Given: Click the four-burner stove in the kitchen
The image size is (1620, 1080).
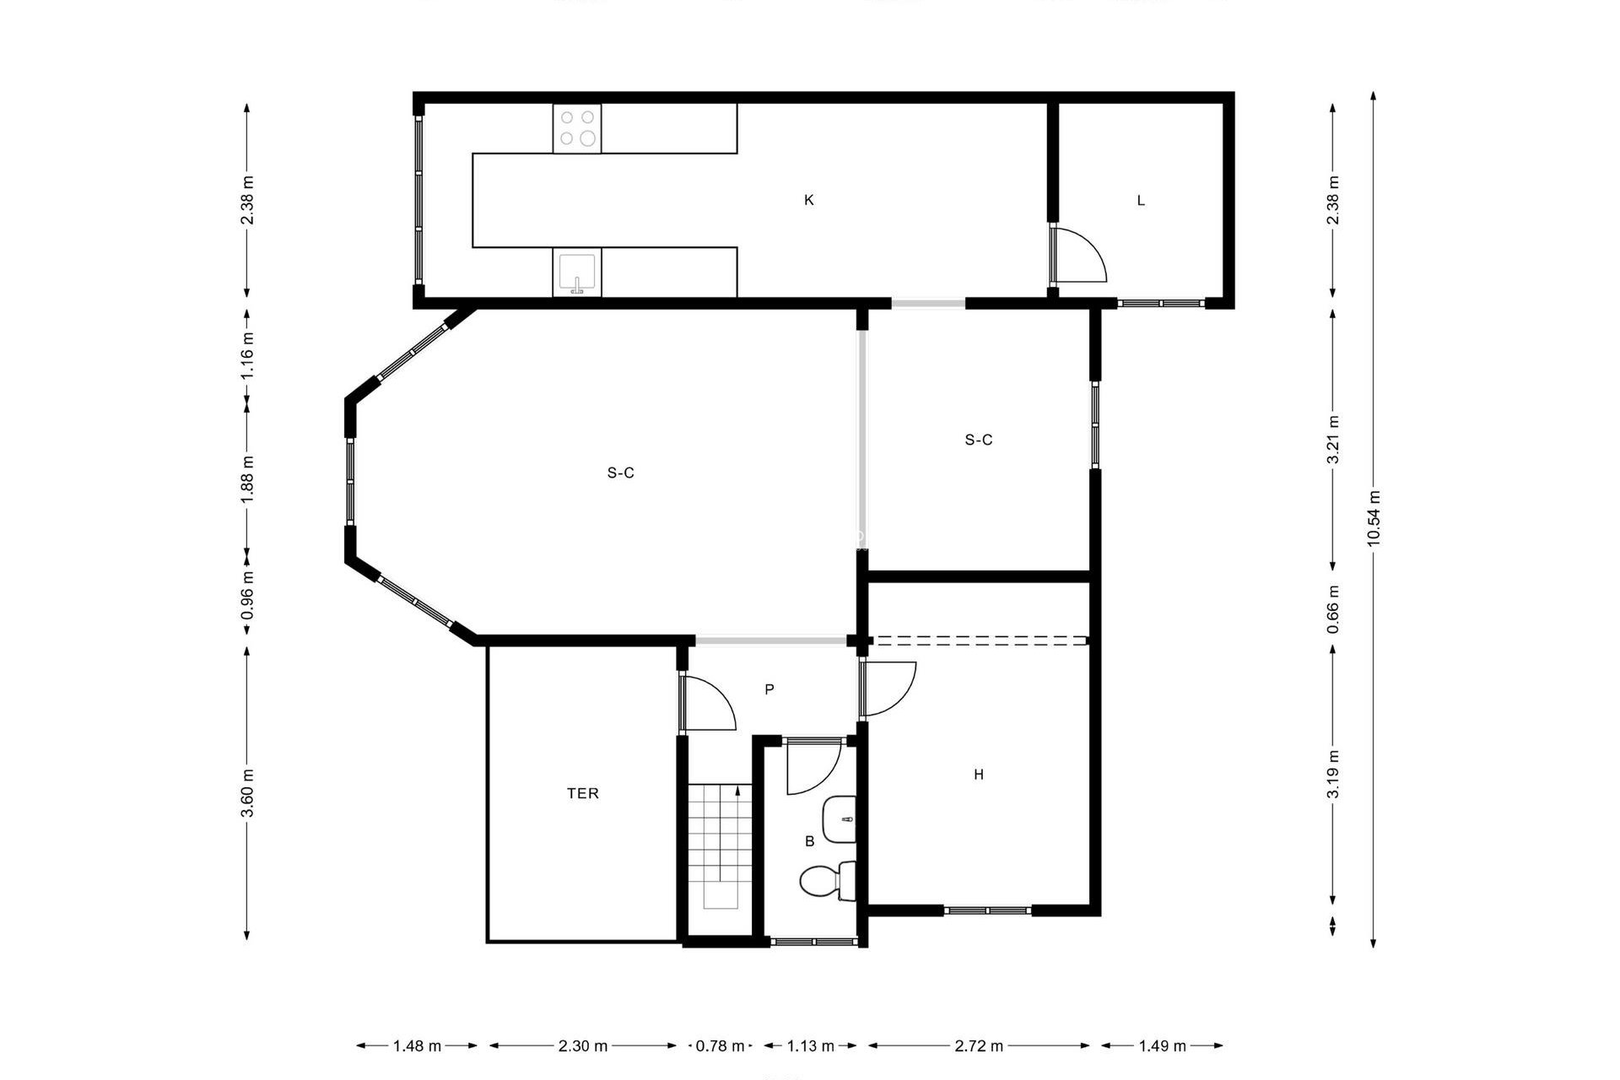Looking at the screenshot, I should [x=578, y=129].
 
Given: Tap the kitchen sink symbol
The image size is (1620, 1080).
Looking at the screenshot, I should [x=577, y=273].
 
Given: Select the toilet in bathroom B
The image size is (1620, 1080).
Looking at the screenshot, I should [x=827, y=882].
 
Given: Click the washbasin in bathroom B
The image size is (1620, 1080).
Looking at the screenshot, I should [x=840, y=818].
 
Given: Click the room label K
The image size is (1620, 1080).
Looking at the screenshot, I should [x=809, y=200].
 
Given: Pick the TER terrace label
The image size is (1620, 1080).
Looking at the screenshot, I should [x=583, y=793].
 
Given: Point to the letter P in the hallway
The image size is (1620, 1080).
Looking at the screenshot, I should [x=769, y=689].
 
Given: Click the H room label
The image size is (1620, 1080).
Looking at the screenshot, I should [x=979, y=775].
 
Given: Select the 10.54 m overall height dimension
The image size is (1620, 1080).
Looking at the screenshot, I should [x=1374, y=518].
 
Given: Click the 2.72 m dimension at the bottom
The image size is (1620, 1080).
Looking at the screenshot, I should [x=979, y=1046].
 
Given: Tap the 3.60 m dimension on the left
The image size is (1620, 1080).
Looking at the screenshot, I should [x=247, y=793].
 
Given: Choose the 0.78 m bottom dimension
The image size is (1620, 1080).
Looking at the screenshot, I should [x=720, y=1046].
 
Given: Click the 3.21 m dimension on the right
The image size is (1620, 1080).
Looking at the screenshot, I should [x=1333, y=439].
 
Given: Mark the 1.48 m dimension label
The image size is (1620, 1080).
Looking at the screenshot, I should [x=417, y=1046].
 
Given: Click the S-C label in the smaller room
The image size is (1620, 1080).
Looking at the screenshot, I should [x=979, y=440].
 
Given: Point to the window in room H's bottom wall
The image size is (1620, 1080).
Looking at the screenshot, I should [x=987, y=910].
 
